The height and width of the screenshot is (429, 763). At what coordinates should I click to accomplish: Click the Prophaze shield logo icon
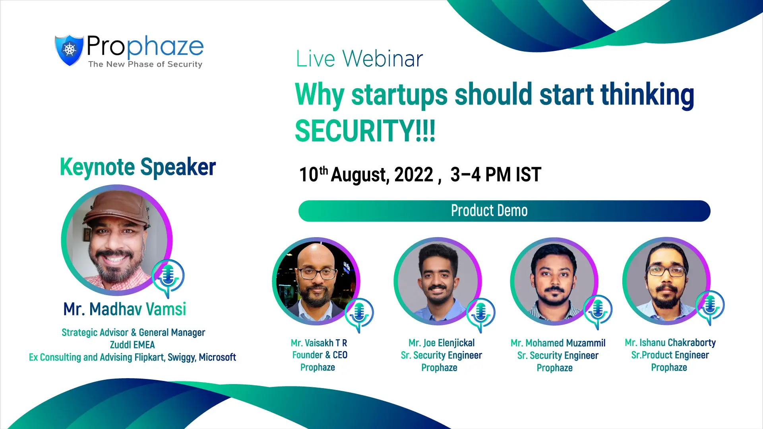[69, 50]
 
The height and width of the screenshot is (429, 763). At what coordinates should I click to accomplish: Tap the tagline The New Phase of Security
[145, 64]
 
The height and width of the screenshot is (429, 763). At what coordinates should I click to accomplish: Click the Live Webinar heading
[359, 59]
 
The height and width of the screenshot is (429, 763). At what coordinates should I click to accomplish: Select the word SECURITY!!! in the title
[365, 131]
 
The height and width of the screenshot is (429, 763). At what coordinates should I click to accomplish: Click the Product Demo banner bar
[504, 211]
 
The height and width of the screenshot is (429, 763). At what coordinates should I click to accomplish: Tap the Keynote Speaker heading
[138, 167]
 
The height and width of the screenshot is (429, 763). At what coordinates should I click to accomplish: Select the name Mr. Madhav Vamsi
[125, 309]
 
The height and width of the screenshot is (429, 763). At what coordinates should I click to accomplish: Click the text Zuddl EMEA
[132, 345]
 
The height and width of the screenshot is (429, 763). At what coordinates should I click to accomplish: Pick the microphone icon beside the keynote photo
[168, 278]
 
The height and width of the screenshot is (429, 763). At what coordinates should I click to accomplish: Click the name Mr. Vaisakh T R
[319, 343]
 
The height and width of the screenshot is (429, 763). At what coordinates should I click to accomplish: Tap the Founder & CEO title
[320, 355]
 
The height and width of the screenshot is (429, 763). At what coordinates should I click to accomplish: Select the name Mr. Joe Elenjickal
[442, 343]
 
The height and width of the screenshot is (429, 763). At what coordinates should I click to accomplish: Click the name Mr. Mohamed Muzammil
[558, 343]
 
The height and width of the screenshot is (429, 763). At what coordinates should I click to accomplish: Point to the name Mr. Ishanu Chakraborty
[670, 343]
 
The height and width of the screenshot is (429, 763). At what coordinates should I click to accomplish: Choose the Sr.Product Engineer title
[670, 355]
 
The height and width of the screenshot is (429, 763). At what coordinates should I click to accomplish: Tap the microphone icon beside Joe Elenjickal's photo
[480, 314]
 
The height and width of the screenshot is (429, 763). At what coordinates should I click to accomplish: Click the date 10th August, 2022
[366, 175]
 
